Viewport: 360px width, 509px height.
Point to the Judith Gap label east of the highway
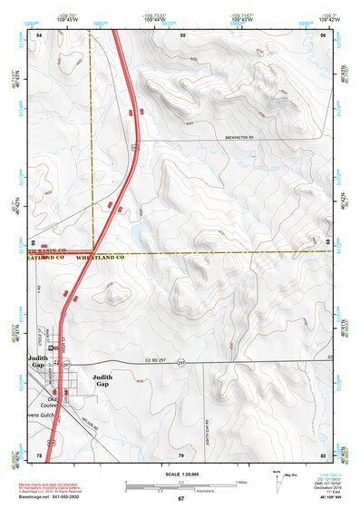(x=102, y=380)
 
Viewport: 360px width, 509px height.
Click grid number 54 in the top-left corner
(x=39, y=34)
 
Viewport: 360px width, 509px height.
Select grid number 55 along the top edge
(x=182, y=34)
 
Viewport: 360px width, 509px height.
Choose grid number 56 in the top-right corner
(x=323, y=34)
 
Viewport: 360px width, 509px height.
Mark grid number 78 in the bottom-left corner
(x=39, y=455)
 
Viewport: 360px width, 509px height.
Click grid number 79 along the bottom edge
(x=181, y=455)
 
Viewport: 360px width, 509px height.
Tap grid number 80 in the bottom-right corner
(x=323, y=455)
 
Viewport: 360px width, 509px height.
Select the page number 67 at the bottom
(x=180, y=499)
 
